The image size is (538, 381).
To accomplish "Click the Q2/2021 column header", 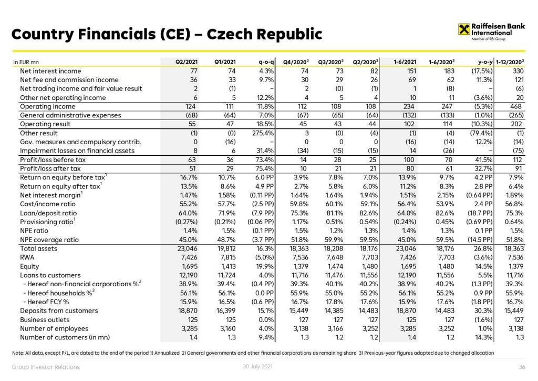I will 186,62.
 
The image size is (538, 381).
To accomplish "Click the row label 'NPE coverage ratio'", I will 49,239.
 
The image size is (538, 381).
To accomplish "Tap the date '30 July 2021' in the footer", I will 256,366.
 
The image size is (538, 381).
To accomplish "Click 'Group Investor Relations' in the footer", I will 46,367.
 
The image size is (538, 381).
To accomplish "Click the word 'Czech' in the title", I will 230,35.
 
